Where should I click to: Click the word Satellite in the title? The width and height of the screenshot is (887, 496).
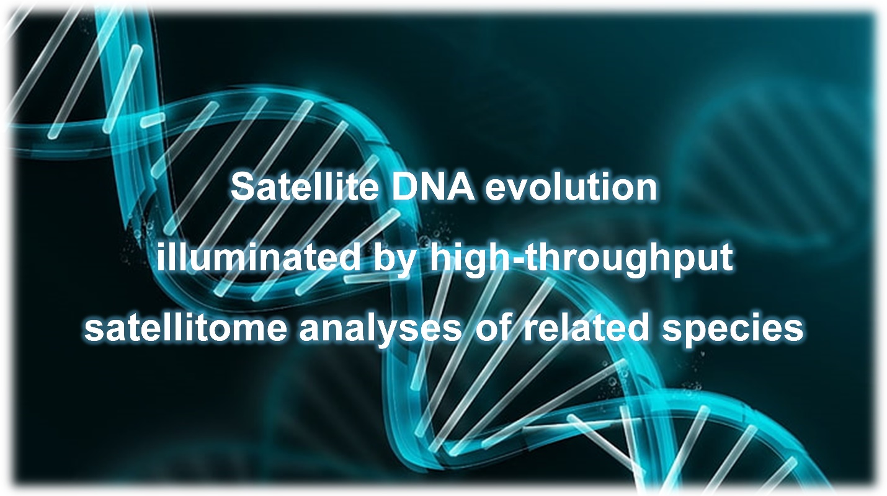point(305,187)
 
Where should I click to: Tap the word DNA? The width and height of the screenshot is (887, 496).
point(433,187)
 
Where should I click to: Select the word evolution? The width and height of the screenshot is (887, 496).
point(571,187)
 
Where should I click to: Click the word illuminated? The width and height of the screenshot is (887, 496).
point(258,258)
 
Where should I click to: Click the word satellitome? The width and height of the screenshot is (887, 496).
point(185,328)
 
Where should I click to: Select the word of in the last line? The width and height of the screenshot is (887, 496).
point(493,328)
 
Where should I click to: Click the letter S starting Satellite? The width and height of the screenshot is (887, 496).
point(243,187)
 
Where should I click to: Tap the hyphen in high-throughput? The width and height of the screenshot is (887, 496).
point(516,261)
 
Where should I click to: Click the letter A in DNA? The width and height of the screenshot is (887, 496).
point(461,187)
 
